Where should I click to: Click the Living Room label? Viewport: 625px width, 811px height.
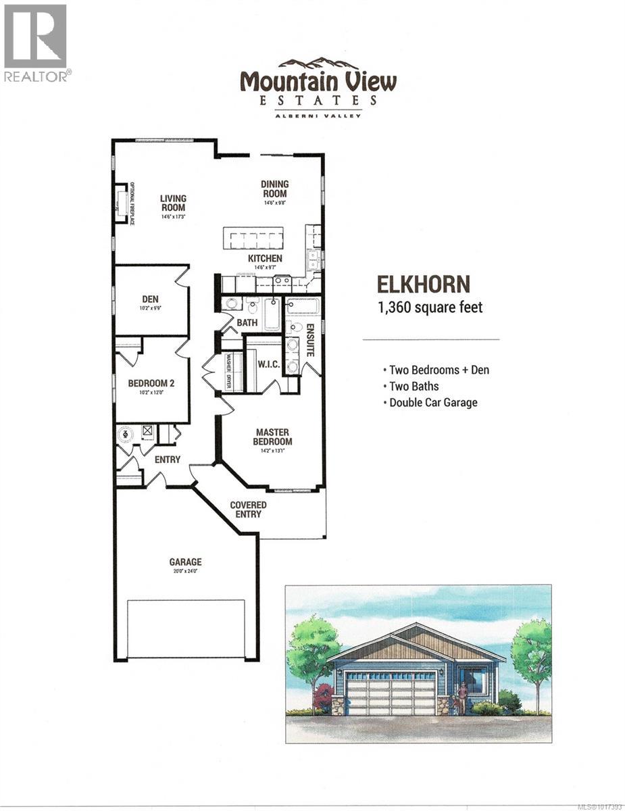pyautogui.click(x=173, y=203)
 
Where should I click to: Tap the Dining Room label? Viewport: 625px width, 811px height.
pyautogui.click(x=275, y=189)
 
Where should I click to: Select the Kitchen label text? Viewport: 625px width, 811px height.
pyautogui.click(x=265, y=259)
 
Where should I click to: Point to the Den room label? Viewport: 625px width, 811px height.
pyautogui.click(x=150, y=299)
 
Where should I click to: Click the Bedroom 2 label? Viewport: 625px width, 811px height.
pyautogui.click(x=151, y=383)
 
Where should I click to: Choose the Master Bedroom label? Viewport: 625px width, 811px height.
pyautogui.click(x=272, y=437)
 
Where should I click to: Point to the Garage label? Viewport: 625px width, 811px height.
pyautogui.click(x=185, y=562)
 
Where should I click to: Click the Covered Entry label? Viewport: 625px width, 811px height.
pyautogui.click(x=248, y=510)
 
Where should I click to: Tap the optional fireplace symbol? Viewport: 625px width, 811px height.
pyautogui.click(x=122, y=201)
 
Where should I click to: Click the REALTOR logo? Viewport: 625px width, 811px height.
pyautogui.click(x=35, y=43)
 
